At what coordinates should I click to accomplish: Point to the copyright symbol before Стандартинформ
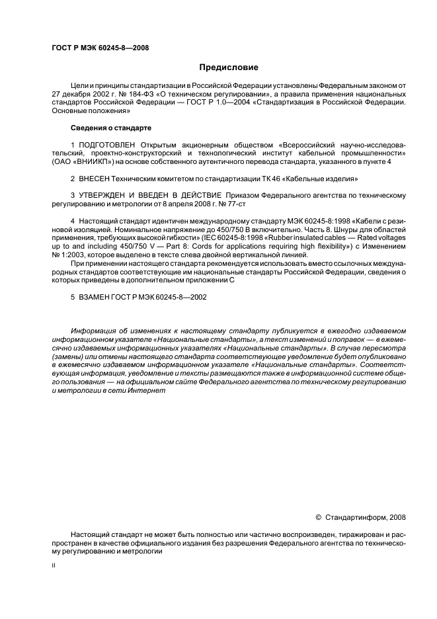click(318, 516)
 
